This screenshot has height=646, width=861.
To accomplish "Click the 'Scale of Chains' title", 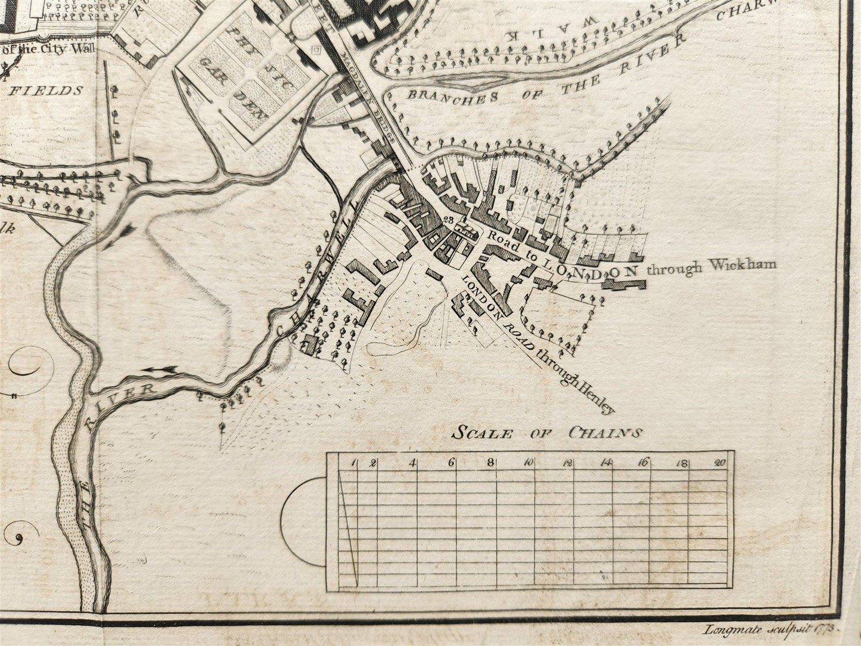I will [546, 433].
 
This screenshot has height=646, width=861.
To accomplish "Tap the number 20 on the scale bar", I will [720, 462].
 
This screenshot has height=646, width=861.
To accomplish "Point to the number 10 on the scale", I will [528, 462].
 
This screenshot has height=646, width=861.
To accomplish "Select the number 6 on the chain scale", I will [452, 462].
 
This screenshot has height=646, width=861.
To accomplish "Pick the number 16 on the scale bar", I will [644, 462].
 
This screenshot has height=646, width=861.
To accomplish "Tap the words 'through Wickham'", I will [711, 266].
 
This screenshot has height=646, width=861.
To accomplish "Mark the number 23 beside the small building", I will [449, 220].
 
